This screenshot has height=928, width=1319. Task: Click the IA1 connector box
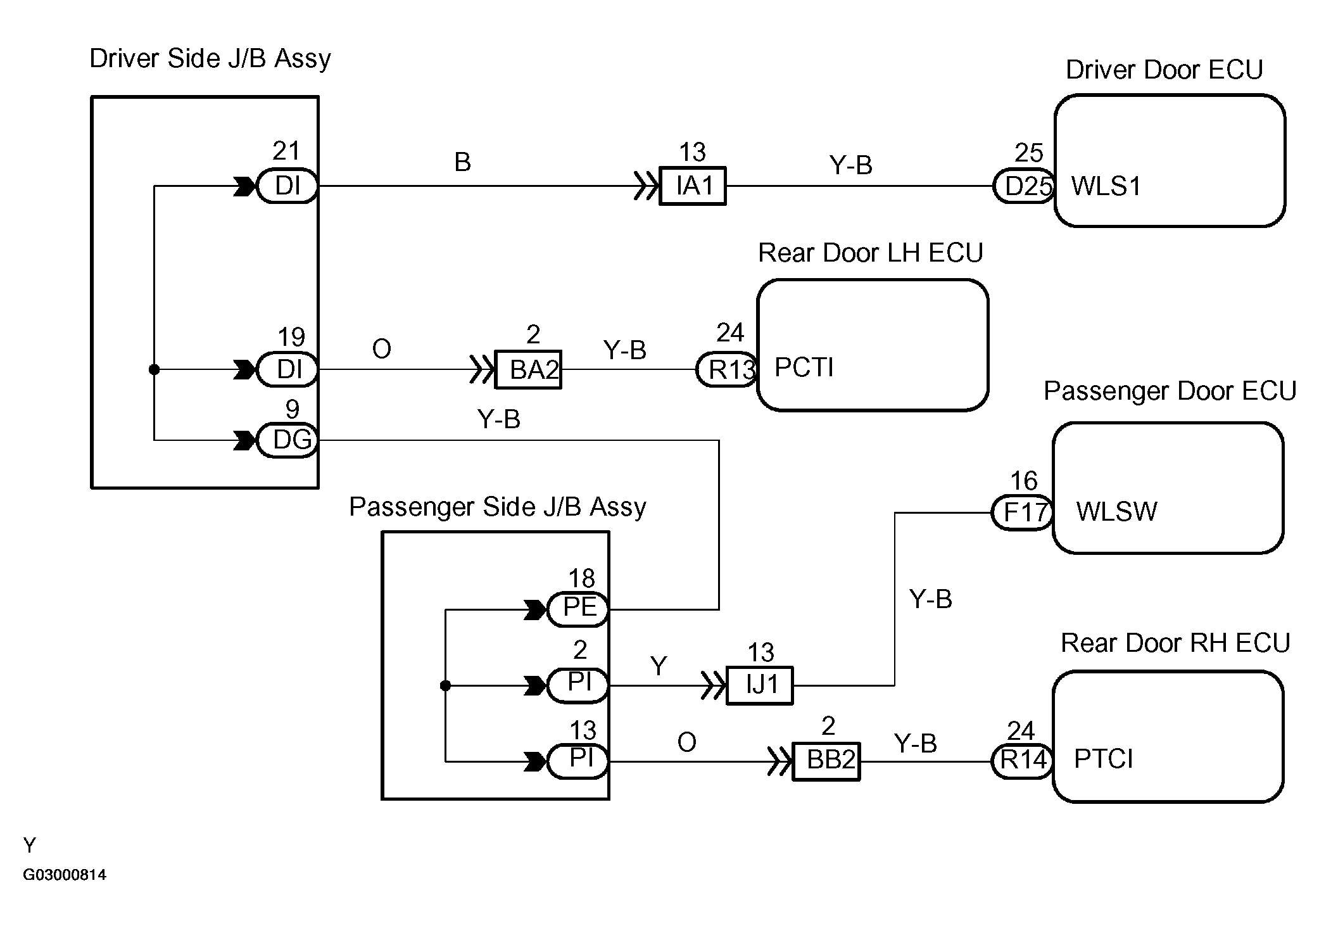[693, 186]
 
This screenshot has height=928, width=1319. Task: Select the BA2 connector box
[527, 369]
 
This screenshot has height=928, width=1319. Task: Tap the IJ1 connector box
[759, 685]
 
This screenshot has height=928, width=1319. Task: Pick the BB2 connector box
[826, 761]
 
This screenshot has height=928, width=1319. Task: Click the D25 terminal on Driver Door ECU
[1024, 186]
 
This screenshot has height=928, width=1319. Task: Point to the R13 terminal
[727, 369]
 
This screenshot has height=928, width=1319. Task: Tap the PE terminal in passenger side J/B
[579, 609]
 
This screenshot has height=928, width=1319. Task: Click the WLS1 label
[1106, 186]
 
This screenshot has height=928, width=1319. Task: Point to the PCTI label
[804, 367]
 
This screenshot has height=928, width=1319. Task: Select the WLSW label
[1116, 512]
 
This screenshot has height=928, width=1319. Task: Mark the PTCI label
[1103, 759]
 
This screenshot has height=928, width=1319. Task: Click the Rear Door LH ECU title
[870, 253]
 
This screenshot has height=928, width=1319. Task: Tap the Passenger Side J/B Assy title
[498, 507]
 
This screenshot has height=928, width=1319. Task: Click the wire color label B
[463, 162]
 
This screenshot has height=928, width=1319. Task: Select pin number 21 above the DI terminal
[286, 151]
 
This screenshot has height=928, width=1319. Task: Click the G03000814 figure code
[65, 875]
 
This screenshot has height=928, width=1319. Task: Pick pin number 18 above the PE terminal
[581, 578]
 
